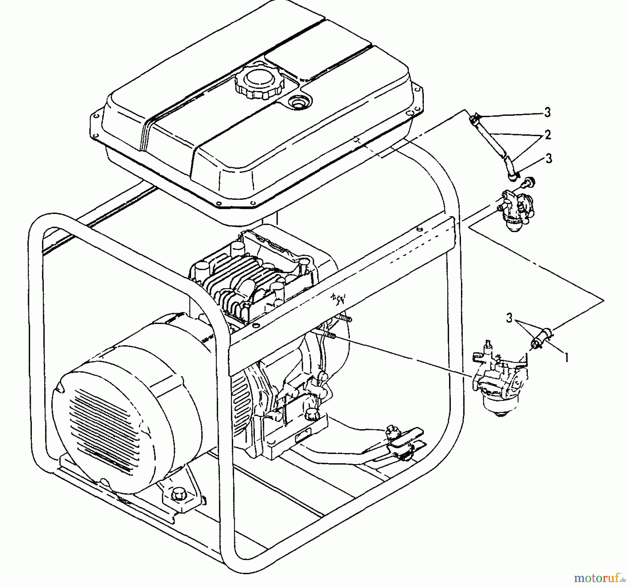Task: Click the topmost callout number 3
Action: [x=547, y=112]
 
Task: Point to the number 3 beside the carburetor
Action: [x=509, y=318]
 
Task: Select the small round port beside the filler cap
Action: [x=298, y=102]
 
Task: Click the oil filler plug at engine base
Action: [x=310, y=415]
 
